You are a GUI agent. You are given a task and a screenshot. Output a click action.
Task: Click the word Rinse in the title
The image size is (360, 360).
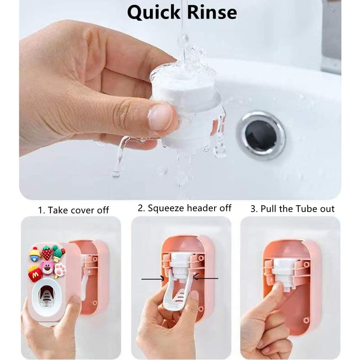(212, 12)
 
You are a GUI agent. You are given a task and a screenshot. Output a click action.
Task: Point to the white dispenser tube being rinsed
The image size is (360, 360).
(188, 106)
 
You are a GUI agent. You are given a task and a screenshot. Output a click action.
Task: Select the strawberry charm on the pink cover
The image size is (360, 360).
(46, 253)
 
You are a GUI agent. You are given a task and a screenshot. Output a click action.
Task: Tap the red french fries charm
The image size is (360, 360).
(35, 274)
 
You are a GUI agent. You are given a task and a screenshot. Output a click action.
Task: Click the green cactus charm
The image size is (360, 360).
(58, 253)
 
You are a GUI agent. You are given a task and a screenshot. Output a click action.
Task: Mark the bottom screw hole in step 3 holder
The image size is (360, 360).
(306, 320)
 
